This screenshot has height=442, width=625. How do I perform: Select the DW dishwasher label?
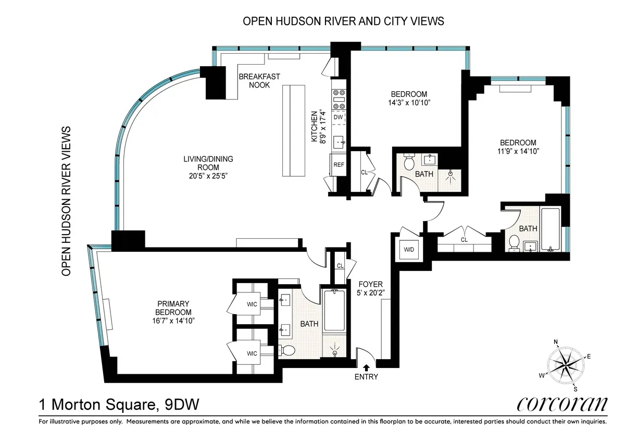pos(339,117)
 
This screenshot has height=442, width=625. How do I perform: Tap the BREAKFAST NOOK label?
pos(259,81)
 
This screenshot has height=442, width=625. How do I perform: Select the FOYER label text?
pos(370,284)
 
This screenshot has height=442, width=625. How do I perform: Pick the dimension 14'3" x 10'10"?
pos(409,103)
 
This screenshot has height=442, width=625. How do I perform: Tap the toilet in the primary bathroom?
pos(287,350)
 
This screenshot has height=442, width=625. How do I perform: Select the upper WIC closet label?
pos(252,305)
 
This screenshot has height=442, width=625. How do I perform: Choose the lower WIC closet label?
pos(252,353)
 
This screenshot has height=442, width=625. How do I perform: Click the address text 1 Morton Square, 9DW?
pos(119,404)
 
